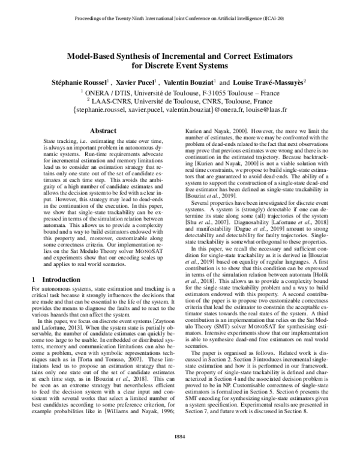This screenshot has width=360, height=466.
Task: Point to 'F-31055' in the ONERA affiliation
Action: pos(218,92)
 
